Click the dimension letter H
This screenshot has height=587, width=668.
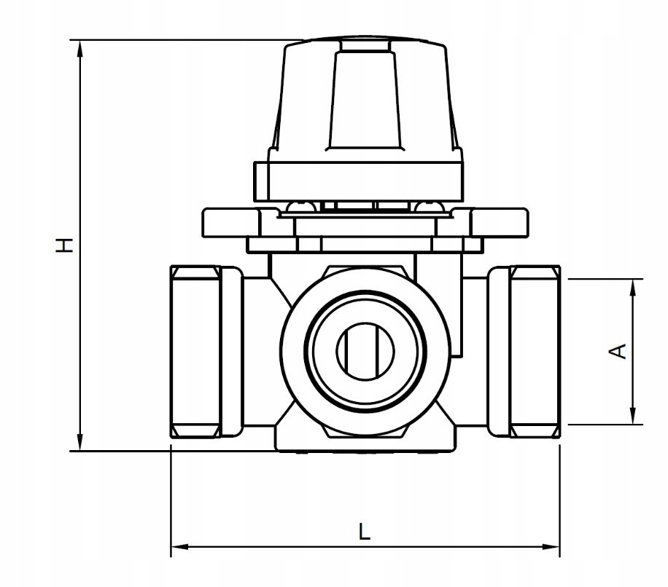click(64, 245)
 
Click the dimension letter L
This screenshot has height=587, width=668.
click(364, 531)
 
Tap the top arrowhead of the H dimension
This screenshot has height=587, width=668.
click(79, 49)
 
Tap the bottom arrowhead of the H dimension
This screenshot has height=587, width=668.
click(79, 442)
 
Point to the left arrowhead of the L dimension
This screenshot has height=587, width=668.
click(179, 547)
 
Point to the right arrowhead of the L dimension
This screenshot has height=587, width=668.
click(551, 547)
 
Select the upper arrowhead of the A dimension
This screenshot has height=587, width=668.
click(634, 288)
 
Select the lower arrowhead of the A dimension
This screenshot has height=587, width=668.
click(634, 416)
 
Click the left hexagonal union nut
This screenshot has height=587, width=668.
click(195, 351)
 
